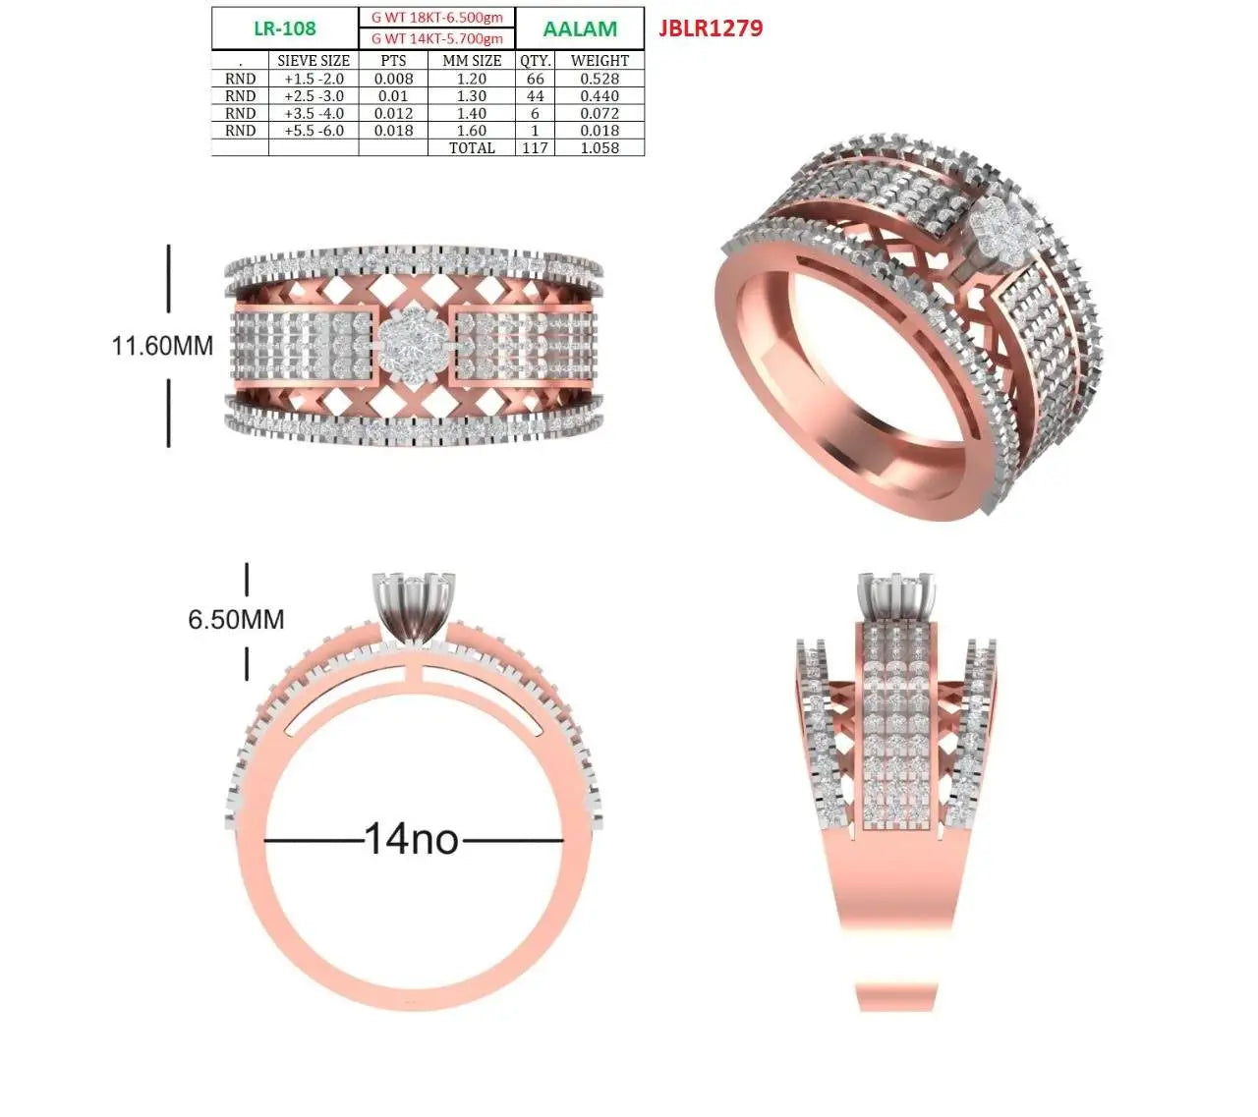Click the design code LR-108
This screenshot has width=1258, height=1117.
[x=284, y=28]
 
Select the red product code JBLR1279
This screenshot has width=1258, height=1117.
[x=711, y=28]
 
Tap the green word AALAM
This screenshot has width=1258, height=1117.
[x=580, y=29]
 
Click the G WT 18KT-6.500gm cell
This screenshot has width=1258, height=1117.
[x=437, y=18]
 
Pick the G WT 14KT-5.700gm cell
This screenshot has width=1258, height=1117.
[x=437, y=39]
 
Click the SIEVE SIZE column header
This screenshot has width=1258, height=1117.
[x=314, y=61]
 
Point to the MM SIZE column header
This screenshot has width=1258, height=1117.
[x=472, y=61]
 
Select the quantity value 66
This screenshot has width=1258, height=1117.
[x=535, y=79]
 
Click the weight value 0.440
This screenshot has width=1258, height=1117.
[x=600, y=96]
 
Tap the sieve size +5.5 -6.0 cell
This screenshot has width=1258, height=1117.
[x=314, y=131]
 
